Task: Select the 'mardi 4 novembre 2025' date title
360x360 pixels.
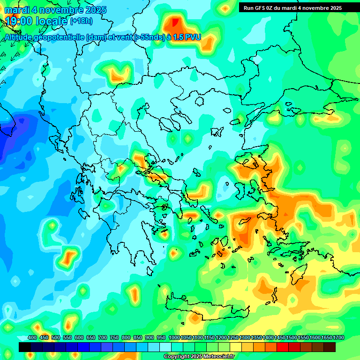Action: coord(55,10)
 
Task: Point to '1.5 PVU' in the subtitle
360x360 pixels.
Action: coord(187,37)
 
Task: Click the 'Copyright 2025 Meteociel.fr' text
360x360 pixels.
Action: coord(199,357)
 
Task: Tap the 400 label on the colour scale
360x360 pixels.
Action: coord(32,338)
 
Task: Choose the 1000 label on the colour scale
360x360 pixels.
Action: coord(174,338)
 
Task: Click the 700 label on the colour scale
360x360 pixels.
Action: coord(103,338)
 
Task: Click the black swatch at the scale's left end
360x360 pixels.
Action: coord(25,347)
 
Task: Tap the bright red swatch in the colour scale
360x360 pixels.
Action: coord(283,347)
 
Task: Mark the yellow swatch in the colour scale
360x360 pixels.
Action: coord(236,347)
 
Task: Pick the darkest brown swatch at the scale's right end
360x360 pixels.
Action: coord(330,347)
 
